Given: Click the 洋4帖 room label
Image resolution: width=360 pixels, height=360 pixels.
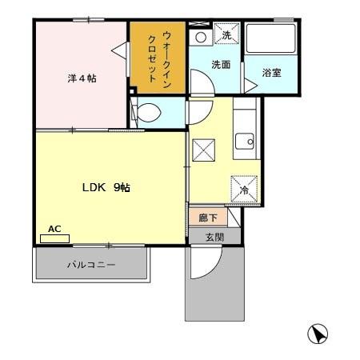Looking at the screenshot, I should [x=82, y=78].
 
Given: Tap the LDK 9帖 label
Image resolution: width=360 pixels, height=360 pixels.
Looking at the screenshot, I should [x=106, y=188].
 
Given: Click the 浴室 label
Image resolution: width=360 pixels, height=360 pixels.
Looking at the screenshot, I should [x=271, y=73].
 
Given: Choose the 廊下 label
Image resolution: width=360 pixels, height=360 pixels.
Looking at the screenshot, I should [x=206, y=216].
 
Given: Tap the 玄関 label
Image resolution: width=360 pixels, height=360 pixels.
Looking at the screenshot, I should [x=214, y=237].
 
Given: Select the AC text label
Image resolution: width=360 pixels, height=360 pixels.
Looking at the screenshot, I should [x=54, y=229].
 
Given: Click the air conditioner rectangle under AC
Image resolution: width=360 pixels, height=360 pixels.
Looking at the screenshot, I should [x=55, y=238].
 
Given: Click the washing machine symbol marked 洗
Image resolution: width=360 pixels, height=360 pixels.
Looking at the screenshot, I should [x=226, y=36].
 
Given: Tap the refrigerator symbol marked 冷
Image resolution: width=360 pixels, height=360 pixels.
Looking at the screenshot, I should [x=243, y=190].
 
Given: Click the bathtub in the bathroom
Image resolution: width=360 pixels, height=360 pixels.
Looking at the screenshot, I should [x=272, y=39].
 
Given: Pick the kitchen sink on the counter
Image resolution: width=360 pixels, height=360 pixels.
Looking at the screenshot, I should [x=246, y=143].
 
